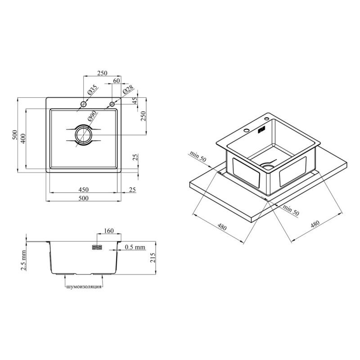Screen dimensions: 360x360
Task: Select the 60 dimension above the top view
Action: point(117,81)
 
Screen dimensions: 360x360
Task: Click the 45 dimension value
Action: point(135,100)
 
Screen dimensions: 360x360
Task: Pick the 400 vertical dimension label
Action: point(23,139)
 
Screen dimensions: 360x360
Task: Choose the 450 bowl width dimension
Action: point(83,189)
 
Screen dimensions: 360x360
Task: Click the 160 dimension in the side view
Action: point(109,230)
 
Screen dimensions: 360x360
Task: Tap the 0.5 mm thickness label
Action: point(135,247)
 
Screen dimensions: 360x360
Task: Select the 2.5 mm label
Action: point(24,261)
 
